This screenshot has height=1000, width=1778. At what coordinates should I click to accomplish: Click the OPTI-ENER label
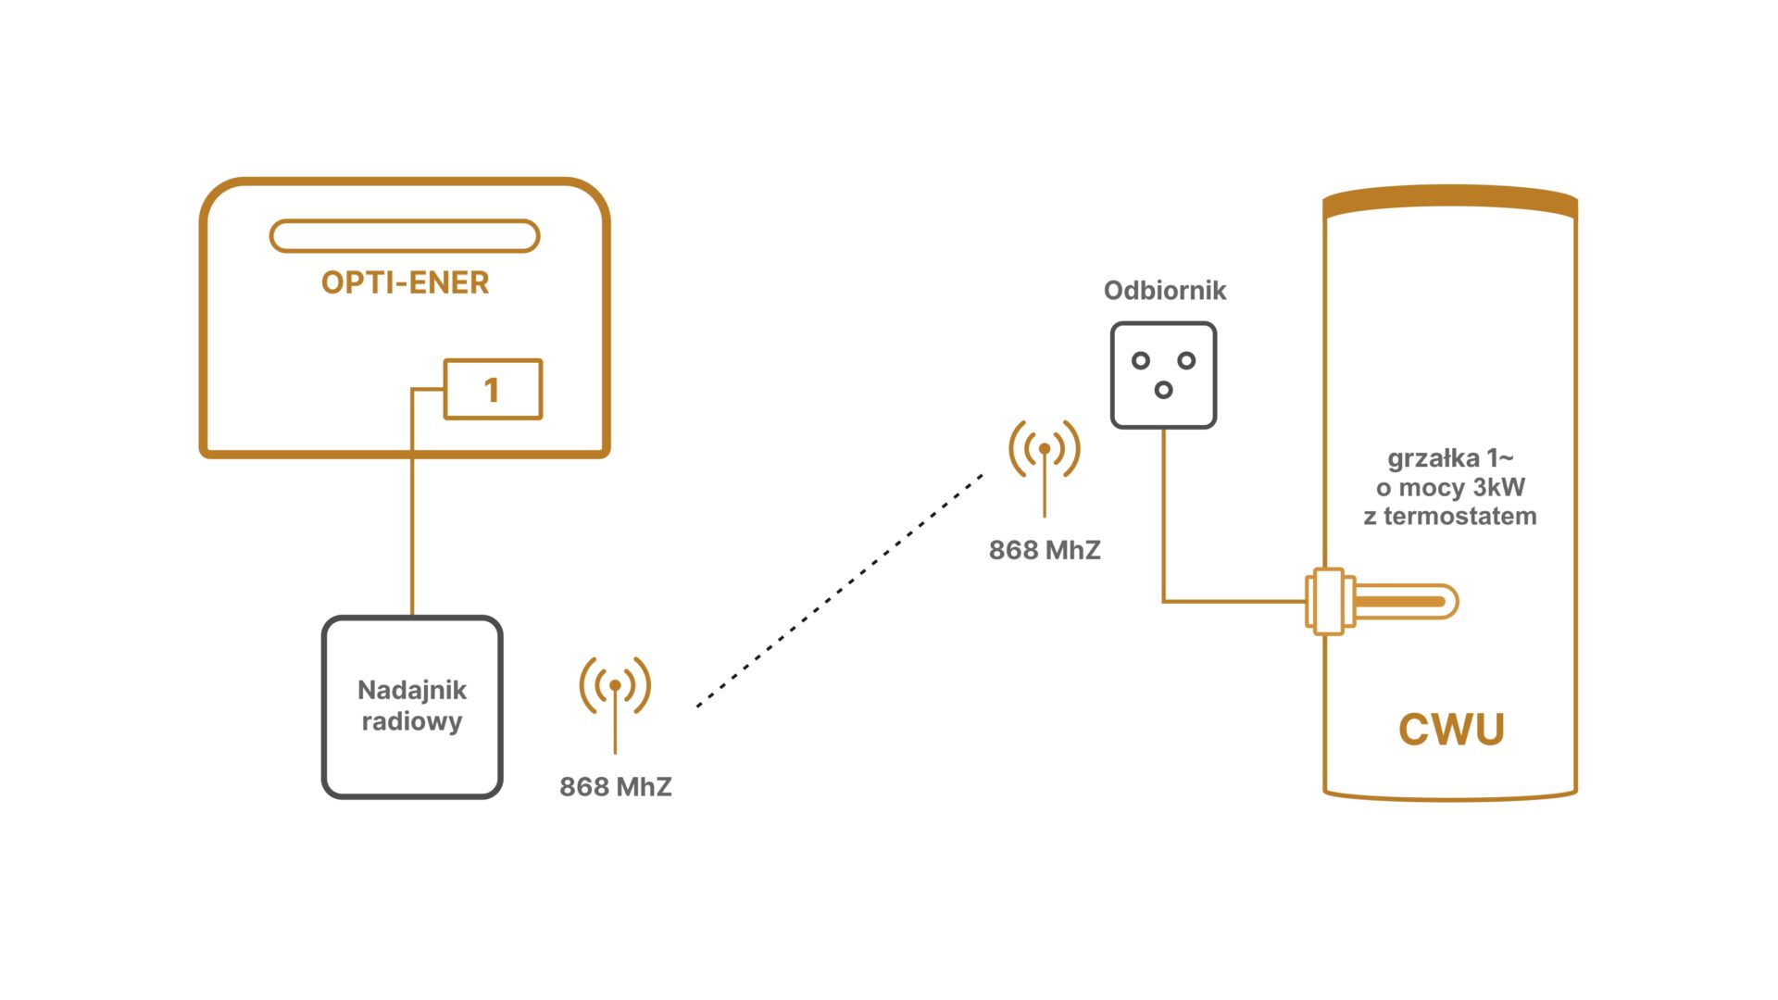coord(405,282)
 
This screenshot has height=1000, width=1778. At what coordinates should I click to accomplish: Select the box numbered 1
coord(493,390)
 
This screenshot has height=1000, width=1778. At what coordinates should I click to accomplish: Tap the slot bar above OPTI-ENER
coord(405,236)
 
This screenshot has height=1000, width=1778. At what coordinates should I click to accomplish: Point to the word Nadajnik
coord(412,691)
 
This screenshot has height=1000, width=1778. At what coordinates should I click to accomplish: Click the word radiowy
coord(412,721)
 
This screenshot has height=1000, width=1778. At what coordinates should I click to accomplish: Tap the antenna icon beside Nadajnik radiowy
coord(615,690)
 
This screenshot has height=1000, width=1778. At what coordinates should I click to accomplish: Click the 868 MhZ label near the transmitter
coord(616,787)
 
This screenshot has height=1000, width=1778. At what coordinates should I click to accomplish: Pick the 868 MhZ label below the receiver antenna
coord(1045,550)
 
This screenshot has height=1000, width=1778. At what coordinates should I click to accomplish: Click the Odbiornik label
coord(1165,291)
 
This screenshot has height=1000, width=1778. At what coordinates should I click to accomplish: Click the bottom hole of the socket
coord(1163,390)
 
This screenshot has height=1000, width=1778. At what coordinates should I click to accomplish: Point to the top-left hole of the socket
coord(1141,360)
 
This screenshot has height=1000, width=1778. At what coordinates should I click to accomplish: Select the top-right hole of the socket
coord(1186,360)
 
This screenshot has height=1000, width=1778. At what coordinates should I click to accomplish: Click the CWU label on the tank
coord(1451,730)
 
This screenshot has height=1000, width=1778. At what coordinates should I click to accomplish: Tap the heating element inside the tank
coord(1398,602)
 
